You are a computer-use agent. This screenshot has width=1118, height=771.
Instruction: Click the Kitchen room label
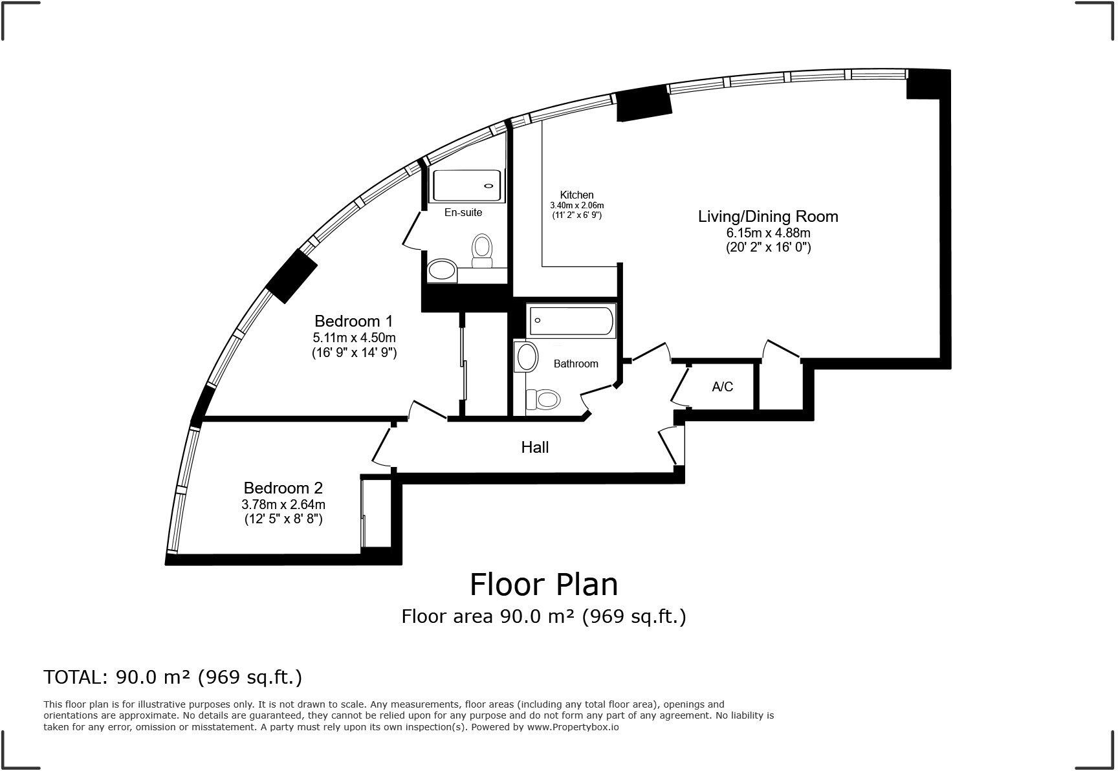coord(576,195)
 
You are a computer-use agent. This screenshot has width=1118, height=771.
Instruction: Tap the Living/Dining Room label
coord(768,217)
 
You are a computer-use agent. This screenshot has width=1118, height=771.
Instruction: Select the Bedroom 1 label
coord(354,321)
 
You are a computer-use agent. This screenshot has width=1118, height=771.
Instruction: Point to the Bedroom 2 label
coord(283,488)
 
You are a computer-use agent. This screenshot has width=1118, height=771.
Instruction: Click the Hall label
coord(535,447)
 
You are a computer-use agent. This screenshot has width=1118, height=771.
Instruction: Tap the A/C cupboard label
coord(723,387)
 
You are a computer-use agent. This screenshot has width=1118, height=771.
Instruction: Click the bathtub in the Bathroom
coord(572,321)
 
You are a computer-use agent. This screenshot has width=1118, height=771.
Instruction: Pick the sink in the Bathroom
coord(527,357)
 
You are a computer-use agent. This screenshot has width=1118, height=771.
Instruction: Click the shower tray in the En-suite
coord(467,185)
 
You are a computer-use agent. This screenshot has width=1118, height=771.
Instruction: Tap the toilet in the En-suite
coord(482,250)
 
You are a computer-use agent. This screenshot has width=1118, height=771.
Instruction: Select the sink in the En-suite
coord(443,270)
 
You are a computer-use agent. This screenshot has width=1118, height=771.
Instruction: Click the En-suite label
coord(463,212)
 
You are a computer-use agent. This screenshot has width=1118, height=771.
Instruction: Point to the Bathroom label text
coord(576,364)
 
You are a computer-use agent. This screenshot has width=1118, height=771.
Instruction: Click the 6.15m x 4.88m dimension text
coord(768,233)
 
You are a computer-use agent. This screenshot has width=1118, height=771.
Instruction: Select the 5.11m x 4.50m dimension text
coord(354,338)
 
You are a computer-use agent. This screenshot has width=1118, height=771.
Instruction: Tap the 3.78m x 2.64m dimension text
coord(283,505)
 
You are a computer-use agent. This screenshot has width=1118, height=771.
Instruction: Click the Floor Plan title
coord(543,584)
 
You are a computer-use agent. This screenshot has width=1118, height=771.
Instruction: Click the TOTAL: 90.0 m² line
coord(173,677)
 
